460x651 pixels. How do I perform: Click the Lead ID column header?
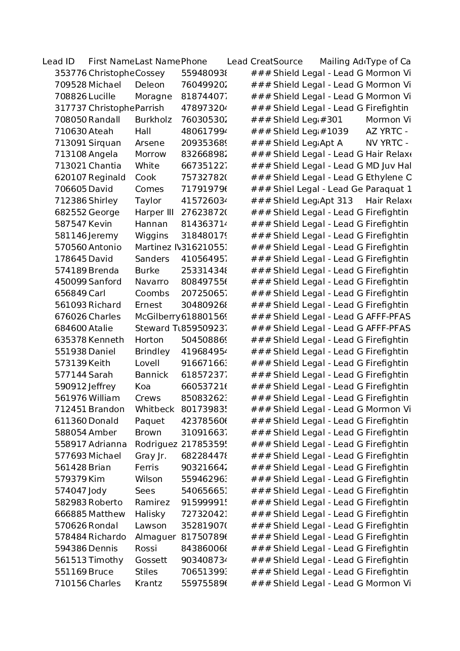(x=58, y=62)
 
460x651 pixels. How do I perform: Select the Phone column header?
(x=194, y=62)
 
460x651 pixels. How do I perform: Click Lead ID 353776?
(x=70, y=73)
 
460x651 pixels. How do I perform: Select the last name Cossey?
(x=150, y=73)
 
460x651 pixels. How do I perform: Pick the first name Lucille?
(x=102, y=97)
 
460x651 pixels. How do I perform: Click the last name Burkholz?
(x=153, y=120)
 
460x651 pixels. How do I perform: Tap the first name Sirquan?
(x=105, y=143)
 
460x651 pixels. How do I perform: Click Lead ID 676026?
(x=70, y=317)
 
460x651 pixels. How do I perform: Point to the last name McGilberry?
(x=157, y=317)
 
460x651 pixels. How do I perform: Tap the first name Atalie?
(x=101, y=329)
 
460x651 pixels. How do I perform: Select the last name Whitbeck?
(x=154, y=410)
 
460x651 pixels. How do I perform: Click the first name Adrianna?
(x=108, y=444)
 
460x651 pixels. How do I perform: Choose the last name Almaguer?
(x=155, y=537)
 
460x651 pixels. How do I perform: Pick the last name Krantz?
(x=149, y=584)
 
